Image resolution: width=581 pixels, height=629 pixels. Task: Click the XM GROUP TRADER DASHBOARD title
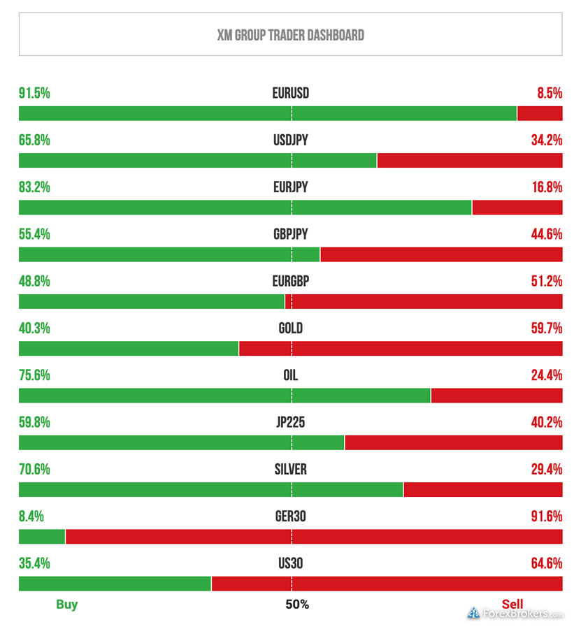[290, 35]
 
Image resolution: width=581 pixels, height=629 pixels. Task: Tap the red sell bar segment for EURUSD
[539, 113]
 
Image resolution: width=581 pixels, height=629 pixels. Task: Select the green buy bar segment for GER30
[42, 537]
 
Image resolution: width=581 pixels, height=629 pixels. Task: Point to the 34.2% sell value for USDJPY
[546, 140]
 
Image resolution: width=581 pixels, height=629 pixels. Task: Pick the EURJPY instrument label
[290, 187]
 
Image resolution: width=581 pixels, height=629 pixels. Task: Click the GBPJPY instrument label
[290, 235]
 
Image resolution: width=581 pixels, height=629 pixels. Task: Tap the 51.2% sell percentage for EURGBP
[546, 282]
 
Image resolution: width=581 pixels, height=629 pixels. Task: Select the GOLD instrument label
[290, 328]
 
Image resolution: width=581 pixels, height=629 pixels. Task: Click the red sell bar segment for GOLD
[400, 348]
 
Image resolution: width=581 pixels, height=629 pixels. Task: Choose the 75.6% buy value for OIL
[34, 375]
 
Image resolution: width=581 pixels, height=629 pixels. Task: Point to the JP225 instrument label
[290, 422]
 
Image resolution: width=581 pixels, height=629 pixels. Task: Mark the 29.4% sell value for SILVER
[546, 469]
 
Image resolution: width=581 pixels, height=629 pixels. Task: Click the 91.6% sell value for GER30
[546, 516]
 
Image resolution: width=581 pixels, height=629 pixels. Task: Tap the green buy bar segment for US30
[115, 584]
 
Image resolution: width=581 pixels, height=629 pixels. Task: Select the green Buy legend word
[67, 605]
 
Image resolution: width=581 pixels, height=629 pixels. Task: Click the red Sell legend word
[512, 605]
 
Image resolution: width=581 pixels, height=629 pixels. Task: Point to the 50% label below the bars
[297, 605]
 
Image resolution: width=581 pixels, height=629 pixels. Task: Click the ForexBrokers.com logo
[515, 614]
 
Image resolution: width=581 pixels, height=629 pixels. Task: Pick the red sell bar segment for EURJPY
[517, 208]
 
